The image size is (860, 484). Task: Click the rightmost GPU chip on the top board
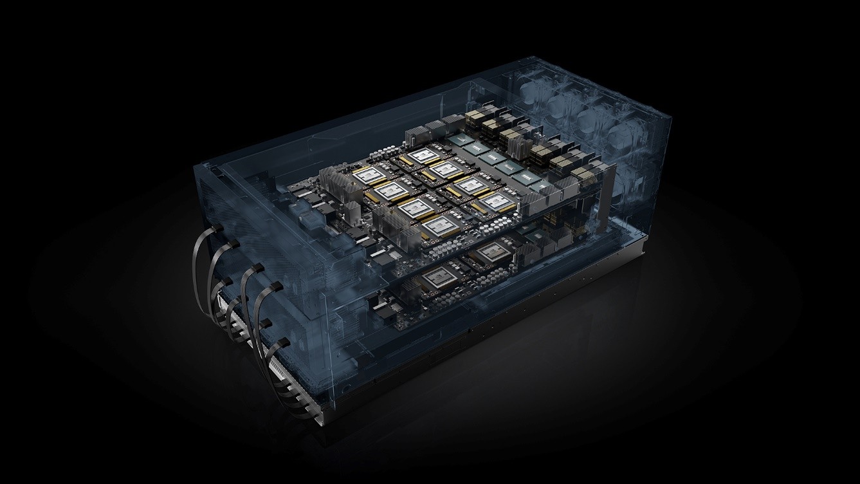coord(496,201)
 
